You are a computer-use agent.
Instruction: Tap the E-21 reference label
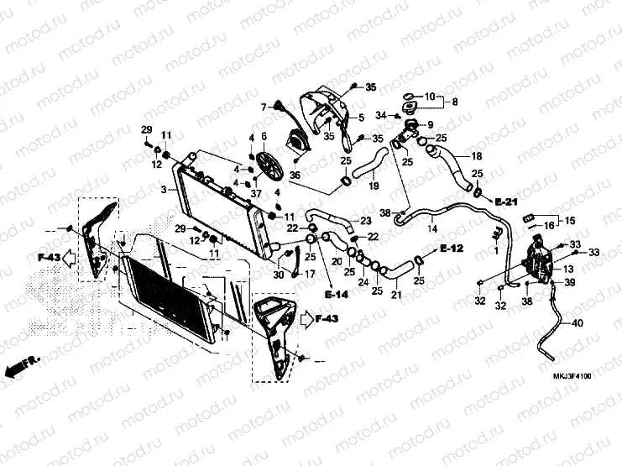(506, 202)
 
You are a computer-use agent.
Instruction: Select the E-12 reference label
(452, 249)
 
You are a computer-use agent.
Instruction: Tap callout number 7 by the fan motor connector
(263, 107)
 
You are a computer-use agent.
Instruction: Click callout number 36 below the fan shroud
(271, 175)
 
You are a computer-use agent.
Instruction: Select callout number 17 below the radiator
(310, 274)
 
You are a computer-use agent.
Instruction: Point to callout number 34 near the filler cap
(380, 115)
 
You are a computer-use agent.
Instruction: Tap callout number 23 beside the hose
(365, 220)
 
